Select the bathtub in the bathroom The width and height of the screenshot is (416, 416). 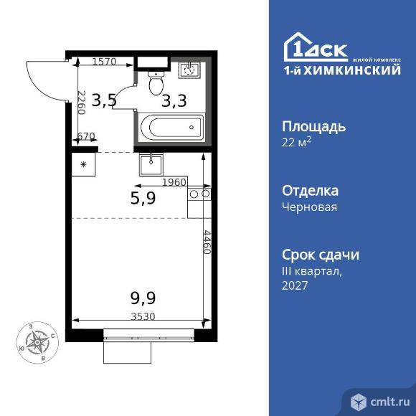[x=172, y=128]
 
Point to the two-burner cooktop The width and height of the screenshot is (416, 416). [x=199, y=194]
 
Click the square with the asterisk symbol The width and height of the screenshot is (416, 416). [x=83, y=166]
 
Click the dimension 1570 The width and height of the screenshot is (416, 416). [x=105, y=62]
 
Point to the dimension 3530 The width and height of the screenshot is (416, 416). [x=143, y=315]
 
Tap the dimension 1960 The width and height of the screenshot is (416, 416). [x=174, y=182]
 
